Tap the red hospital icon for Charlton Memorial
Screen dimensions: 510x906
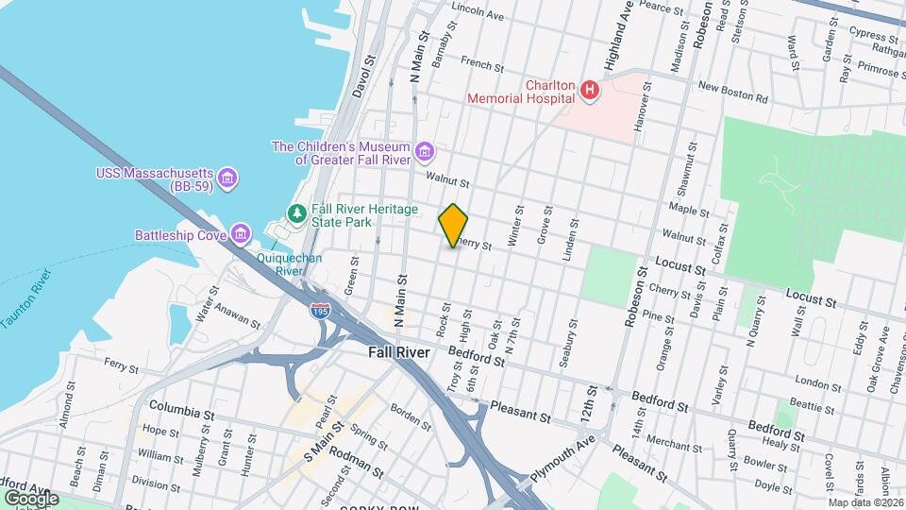click(590, 91)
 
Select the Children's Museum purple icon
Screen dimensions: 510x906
click(425, 152)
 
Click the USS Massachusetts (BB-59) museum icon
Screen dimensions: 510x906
click(226, 178)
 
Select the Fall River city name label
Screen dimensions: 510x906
click(397, 352)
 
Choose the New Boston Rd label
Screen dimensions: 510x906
click(732, 93)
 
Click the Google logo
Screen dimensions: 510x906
click(31, 498)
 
